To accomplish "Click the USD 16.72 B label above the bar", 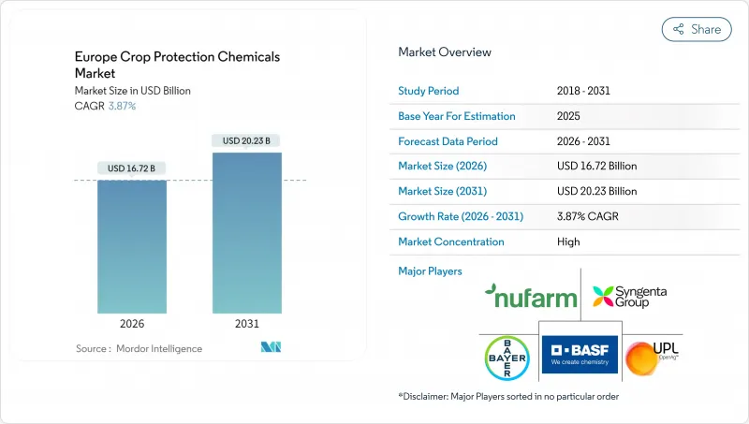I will [132, 168].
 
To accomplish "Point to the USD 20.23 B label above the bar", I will [246, 140].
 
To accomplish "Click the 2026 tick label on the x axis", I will [132, 324].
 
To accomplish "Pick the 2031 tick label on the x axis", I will [246, 324].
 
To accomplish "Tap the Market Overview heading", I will [445, 52].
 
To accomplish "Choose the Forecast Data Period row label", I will [448, 141].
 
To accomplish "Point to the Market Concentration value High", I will [567, 241].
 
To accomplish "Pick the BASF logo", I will [575, 353].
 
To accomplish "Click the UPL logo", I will [647, 358].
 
